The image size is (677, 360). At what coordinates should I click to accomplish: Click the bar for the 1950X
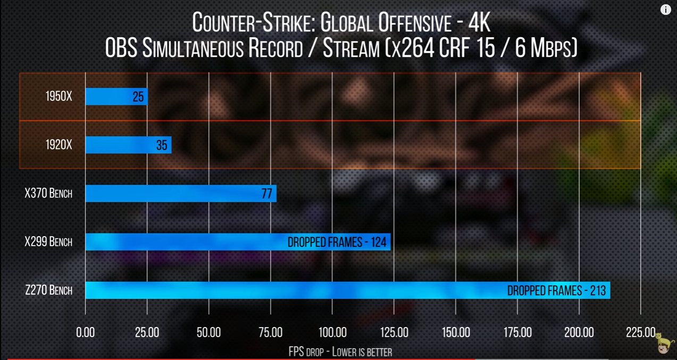tap(116, 96)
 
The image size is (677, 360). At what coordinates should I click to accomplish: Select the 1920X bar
tap(128, 145)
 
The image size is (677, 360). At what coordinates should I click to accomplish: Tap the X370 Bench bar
tap(181, 194)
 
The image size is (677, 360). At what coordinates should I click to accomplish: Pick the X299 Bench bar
tap(238, 242)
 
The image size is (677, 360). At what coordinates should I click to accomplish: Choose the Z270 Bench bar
tap(347, 290)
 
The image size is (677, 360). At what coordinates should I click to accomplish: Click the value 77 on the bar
tap(267, 194)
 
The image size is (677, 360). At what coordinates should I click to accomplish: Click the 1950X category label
tap(58, 96)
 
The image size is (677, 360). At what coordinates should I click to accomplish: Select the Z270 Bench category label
tap(48, 290)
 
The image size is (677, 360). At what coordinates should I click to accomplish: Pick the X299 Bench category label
tap(48, 242)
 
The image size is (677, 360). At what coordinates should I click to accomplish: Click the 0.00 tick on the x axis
tap(86, 333)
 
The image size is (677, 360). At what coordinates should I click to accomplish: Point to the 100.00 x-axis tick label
tap(332, 333)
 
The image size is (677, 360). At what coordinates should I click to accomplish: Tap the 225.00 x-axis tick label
tap(640, 333)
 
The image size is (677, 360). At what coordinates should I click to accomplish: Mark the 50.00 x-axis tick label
tap(209, 333)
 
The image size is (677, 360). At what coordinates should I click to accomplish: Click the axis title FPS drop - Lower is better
tap(340, 351)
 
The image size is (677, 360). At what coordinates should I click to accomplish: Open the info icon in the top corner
tap(666, 10)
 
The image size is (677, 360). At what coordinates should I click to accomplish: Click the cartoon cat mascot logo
tap(663, 343)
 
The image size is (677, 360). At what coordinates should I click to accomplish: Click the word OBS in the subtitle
tap(122, 49)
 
